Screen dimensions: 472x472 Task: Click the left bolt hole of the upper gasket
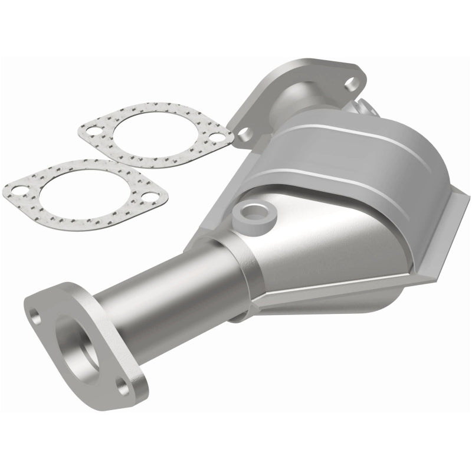click(93, 131)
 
